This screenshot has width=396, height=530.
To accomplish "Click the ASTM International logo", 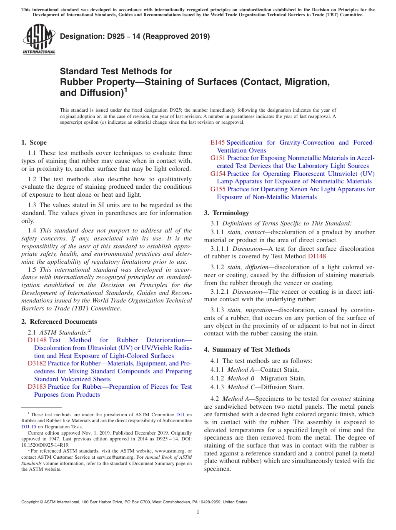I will pyautogui.click(x=39, y=40).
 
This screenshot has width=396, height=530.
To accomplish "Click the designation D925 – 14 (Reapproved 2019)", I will pyautogui.click(x=135, y=37).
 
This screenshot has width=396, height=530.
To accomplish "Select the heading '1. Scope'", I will pyautogui.click(x=34, y=142).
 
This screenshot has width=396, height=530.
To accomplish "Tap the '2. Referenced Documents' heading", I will pyautogui.click(x=59, y=322).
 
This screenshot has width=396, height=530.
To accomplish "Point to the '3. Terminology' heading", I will pyautogui.click(x=226, y=213).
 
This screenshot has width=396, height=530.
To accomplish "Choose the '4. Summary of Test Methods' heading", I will pyautogui.click(x=247, y=350).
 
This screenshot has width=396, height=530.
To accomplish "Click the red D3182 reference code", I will pyautogui.click(x=37, y=363).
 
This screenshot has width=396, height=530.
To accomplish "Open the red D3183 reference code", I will pyautogui.click(x=37, y=387).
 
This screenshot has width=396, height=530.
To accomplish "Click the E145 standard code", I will pyautogui.click(x=218, y=142).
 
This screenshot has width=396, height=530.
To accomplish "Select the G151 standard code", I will pyautogui.click(x=218, y=158).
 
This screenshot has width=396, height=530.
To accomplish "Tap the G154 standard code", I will pyautogui.click(x=218, y=174).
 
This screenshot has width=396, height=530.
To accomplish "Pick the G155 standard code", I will pyautogui.click(x=218, y=189).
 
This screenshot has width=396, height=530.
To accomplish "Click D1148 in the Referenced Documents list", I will pyautogui.click(x=37, y=340).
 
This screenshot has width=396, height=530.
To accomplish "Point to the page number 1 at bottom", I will pyautogui.click(x=198, y=512).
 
